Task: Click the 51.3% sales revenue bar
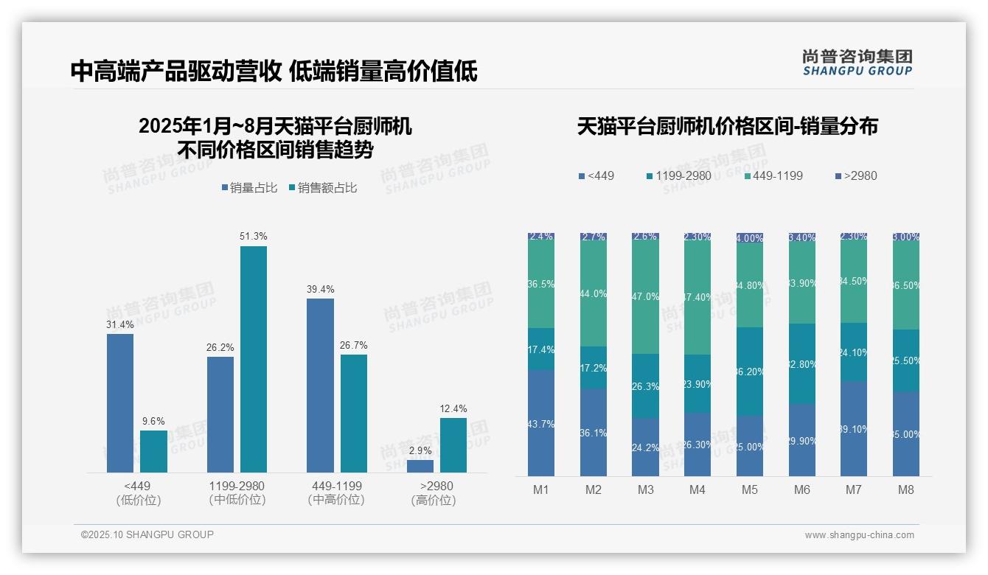(254, 359)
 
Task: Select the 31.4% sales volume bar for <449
(120, 402)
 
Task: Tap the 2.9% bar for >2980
(420, 466)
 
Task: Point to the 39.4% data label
(320, 289)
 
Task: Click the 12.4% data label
(453, 409)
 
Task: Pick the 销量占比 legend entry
(249, 188)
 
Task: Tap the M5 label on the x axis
(749, 489)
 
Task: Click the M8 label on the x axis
(906, 489)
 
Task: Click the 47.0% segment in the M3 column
(646, 296)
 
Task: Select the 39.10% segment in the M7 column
(854, 428)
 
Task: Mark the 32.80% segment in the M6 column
(801, 363)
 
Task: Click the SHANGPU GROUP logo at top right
(857, 63)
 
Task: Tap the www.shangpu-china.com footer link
(859, 535)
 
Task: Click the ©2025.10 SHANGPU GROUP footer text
(147, 534)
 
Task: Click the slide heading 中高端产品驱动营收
(175, 71)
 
